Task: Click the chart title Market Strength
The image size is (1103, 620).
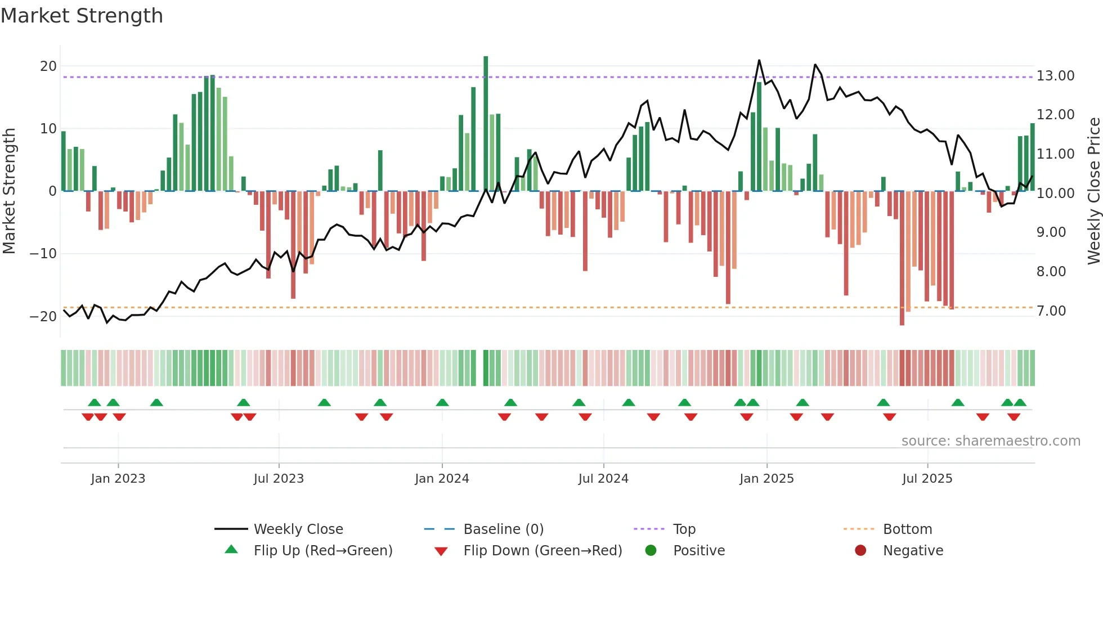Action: (x=82, y=16)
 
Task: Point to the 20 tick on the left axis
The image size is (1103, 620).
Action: (x=48, y=66)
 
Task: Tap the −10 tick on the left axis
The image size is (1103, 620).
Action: (x=43, y=254)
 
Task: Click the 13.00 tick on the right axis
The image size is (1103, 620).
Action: (x=1055, y=76)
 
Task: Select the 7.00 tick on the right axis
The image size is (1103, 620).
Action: (x=1051, y=311)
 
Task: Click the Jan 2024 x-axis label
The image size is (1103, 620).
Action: (x=442, y=479)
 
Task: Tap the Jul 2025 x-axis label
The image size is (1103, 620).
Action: (x=927, y=479)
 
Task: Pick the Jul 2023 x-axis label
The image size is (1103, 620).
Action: (x=279, y=479)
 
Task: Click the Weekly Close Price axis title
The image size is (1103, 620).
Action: (x=1093, y=191)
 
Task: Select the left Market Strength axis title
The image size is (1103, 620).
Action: (x=9, y=191)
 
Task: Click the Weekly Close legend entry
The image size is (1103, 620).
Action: (x=298, y=529)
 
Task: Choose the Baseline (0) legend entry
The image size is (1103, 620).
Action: (x=503, y=529)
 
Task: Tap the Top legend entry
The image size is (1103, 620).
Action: (x=684, y=529)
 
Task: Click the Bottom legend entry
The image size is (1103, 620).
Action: (x=907, y=529)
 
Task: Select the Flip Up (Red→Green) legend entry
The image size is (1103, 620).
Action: (x=322, y=551)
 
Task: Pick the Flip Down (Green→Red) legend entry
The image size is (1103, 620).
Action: (x=542, y=551)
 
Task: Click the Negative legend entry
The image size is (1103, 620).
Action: (x=912, y=551)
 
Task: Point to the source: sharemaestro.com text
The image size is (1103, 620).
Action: (x=990, y=441)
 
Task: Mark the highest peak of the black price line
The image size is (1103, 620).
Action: (x=759, y=60)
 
